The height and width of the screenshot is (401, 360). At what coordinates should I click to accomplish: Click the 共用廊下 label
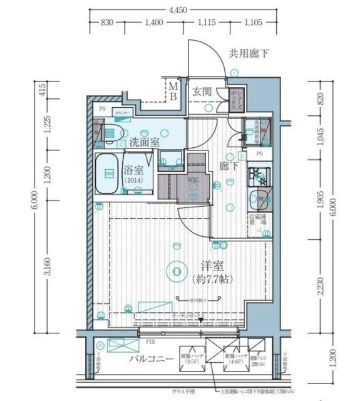click(x=249, y=54)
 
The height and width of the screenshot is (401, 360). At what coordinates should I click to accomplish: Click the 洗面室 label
click(x=145, y=142)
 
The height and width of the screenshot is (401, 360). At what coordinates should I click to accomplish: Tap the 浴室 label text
click(x=133, y=170)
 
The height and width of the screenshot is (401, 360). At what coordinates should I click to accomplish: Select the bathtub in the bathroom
click(x=107, y=174)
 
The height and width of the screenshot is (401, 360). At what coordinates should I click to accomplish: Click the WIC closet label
click(x=192, y=180)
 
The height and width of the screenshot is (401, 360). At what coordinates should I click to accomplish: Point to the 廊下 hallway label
click(x=229, y=167)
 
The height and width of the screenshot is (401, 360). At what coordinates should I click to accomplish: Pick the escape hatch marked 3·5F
click(x=190, y=359)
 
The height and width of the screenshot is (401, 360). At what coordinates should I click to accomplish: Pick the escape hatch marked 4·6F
click(x=233, y=359)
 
